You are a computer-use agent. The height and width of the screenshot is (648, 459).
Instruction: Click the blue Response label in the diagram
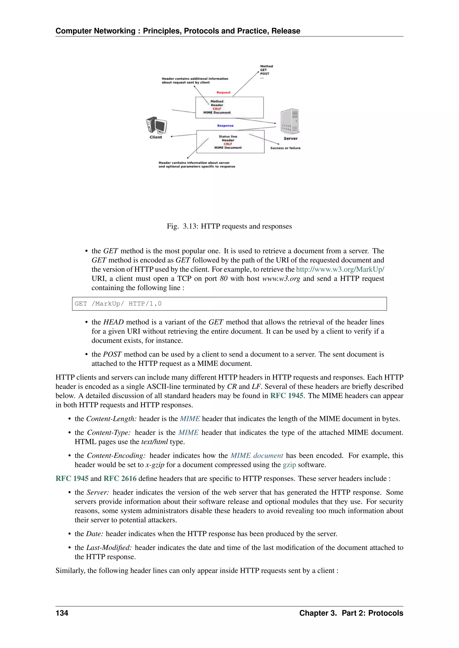coord(225,126)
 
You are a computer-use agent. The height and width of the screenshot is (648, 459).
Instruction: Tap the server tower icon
coord(290,121)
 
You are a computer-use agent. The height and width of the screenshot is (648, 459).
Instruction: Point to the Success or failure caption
coord(285,148)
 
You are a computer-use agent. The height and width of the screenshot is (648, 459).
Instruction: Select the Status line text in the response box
coord(228,136)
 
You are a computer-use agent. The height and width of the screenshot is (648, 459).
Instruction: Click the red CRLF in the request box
coord(217,109)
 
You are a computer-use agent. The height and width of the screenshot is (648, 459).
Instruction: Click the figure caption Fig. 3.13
coord(229,226)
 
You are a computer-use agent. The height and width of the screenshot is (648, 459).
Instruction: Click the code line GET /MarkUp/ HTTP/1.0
coord(118,304)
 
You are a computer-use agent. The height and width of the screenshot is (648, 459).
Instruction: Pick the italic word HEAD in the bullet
coord(113,322)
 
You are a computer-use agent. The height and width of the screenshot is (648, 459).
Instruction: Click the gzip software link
coord(289,465)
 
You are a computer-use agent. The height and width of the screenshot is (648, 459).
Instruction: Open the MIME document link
coord(257,456)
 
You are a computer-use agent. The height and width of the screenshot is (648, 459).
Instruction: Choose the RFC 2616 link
coord(120,479)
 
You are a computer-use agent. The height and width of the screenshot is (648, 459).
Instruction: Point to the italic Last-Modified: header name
coord(109,548)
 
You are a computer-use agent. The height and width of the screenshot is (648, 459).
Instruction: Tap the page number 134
coord(62,613)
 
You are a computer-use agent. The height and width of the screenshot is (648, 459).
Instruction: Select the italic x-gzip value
coord(155,465)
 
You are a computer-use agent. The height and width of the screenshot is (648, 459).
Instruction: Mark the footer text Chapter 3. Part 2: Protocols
coord(351,613)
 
